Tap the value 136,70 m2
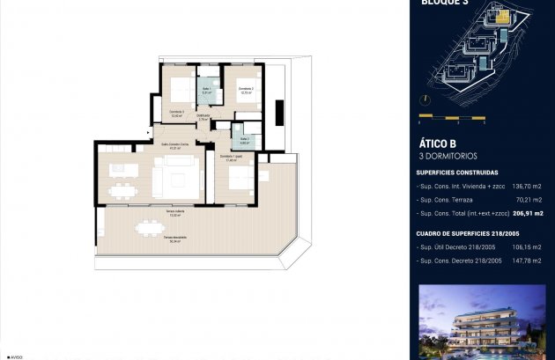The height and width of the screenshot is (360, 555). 525,187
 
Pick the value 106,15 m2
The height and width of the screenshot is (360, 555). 525,247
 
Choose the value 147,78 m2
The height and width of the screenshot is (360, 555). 525,261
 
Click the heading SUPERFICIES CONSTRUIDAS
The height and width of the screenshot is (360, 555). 457,173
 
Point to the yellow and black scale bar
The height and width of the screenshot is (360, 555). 452,116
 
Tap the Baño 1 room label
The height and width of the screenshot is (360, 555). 206,89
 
